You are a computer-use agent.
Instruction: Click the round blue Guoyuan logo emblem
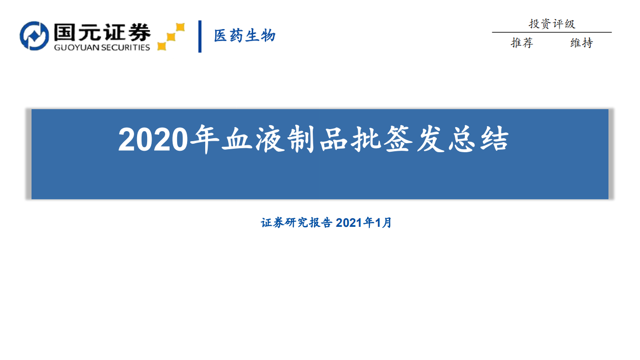coord(34,36)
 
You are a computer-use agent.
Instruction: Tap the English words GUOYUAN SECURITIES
coord(102,48)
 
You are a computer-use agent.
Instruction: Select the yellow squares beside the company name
coord(171,37)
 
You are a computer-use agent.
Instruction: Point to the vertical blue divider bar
coord(200,36)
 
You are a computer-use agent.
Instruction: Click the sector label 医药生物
coord(245,36)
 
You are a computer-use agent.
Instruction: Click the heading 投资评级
coord(551,24)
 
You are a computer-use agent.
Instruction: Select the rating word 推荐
coord(522,43)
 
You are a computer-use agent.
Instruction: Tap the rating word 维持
coord(581,43)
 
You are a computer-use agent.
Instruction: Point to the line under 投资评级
coord(551,33)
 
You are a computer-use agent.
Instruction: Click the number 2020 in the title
coord(153,140)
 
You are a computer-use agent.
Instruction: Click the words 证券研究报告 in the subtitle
coord(297,223)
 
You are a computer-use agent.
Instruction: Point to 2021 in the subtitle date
coord(348,223)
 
